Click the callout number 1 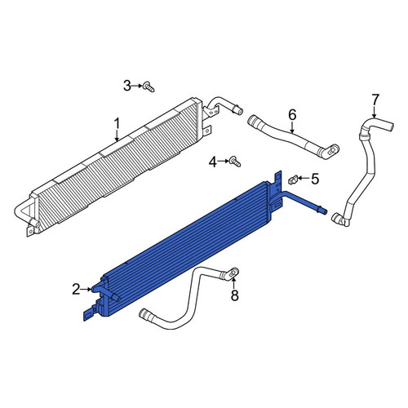click(x=117, y=124)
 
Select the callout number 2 click(x=76, y=290)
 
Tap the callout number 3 click(x=127, y=86)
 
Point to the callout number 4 click(x=213, y=162)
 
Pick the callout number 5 click(x=315, y=179)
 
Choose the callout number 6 click(x=292, y=115)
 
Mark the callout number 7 click(x=375, y=100)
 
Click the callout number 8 click(x=234, y=295)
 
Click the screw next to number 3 click(x=149, y=86)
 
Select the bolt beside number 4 click(x=235, y=162)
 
